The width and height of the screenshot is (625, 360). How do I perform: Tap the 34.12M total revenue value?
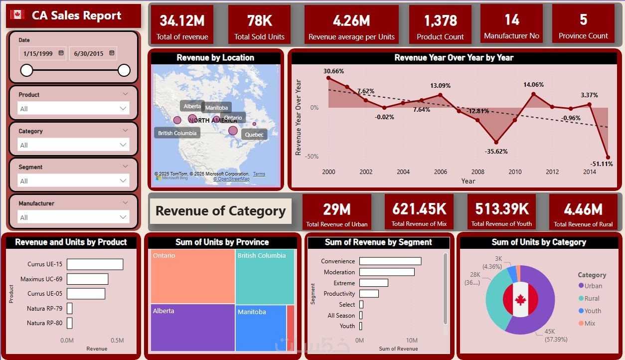(x=182, y=20)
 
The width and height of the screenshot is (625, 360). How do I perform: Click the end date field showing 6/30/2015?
(x=93, y=53)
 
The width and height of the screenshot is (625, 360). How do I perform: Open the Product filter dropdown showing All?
(x=73, y=108)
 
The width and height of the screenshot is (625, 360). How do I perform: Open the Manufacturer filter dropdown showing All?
(x=73, y=217)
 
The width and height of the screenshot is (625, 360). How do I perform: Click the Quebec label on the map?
(x=254, y=135)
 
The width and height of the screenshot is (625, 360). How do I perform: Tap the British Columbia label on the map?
(x=177, y=133)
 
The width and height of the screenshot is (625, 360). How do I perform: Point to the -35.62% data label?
(x=495, y=151)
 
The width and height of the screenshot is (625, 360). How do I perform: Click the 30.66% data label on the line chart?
(x=334, y=71)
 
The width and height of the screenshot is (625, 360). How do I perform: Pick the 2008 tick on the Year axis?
(x=477, y=172)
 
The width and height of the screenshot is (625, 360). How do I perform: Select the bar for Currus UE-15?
(x=95, y=264)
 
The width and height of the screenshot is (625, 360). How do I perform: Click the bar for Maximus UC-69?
(x=87, y=279)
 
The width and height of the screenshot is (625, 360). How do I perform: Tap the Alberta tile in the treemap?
(x=192, y=327)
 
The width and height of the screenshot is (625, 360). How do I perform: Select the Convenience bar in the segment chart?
(x=390, y=261)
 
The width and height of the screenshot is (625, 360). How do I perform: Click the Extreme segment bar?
(x=373, y=283)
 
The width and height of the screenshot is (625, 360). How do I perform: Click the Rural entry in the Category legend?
(x=592, y=298)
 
